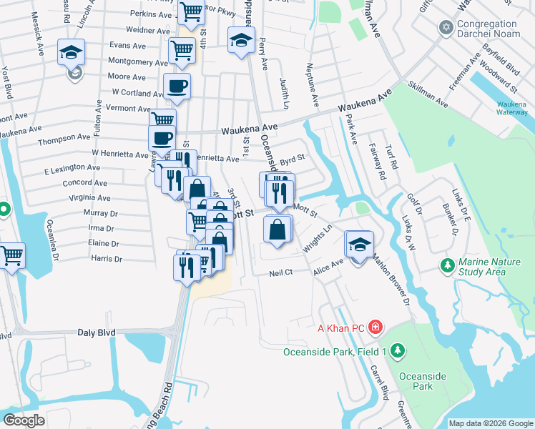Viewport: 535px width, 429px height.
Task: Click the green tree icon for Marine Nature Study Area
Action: pyautogui.click(x=448, y=265)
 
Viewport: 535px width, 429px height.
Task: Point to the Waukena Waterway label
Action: pyautogui.click(x=511, y=108)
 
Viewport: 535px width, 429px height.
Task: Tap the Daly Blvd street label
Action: pyautogui.click(x=95, y=333)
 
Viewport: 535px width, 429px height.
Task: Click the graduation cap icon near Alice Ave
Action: pyautogui.click(x=358, y=244)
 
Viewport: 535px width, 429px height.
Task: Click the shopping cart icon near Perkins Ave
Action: pyautogui.click(x=191, y=12)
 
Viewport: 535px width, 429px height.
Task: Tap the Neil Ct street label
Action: pyautogui.click(x=281, y=273)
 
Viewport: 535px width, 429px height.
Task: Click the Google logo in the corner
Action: pyautogui.click(x=24, y=420)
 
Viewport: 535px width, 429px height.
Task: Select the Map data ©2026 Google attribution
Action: pyautogui.click(x=491, y=423)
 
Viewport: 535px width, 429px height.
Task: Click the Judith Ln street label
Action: pyautogui.click(x=284, y=94)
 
